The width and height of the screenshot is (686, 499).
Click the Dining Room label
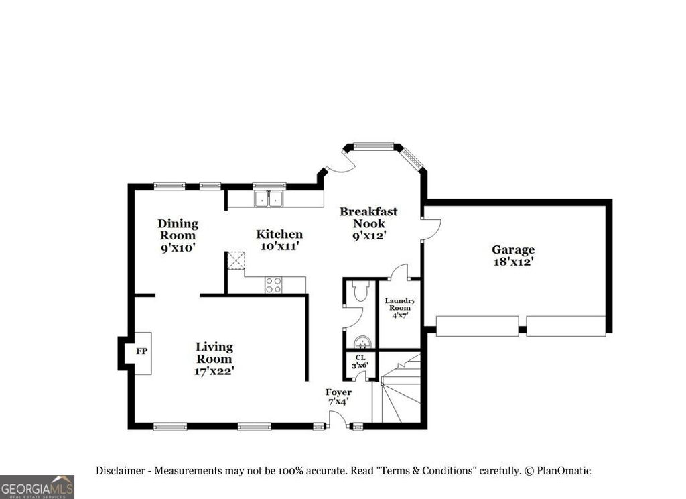178,235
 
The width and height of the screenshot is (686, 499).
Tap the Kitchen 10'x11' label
279,240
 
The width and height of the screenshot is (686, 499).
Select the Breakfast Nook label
368,223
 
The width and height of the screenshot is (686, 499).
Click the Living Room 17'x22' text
214,358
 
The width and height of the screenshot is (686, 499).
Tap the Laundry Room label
400,308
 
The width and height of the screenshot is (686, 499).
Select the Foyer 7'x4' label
338,396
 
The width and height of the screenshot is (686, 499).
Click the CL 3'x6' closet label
360,362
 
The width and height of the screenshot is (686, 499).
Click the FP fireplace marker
141,351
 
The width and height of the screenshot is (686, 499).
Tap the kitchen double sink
269,199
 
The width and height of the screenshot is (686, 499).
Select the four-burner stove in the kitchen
273,285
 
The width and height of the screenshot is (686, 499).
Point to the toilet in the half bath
360,290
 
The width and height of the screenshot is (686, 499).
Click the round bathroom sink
362,342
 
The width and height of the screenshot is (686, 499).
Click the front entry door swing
338,421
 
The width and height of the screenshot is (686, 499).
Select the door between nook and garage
431,229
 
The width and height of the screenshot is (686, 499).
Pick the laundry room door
399,272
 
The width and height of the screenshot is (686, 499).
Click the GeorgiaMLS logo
37,486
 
